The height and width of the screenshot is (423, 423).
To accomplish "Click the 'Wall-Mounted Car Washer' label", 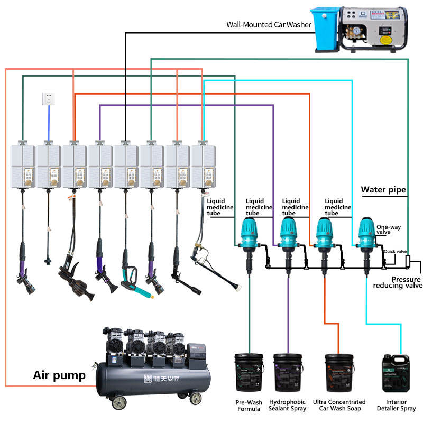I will pyautogui.click(x=269, y=24).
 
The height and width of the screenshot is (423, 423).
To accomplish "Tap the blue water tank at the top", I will pyautogui.click(x=326, y=29).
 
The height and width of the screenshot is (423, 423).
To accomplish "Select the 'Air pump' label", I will pyautogui.click(x=59, y=375).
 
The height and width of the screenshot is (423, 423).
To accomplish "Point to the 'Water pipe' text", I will pyautogui.click(x=383, y=189).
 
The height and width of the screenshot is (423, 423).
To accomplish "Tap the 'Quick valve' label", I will pyautogui.click(x=396, y=251).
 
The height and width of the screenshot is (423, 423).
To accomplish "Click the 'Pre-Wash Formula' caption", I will pyautogui.click(x=249, y=406).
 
